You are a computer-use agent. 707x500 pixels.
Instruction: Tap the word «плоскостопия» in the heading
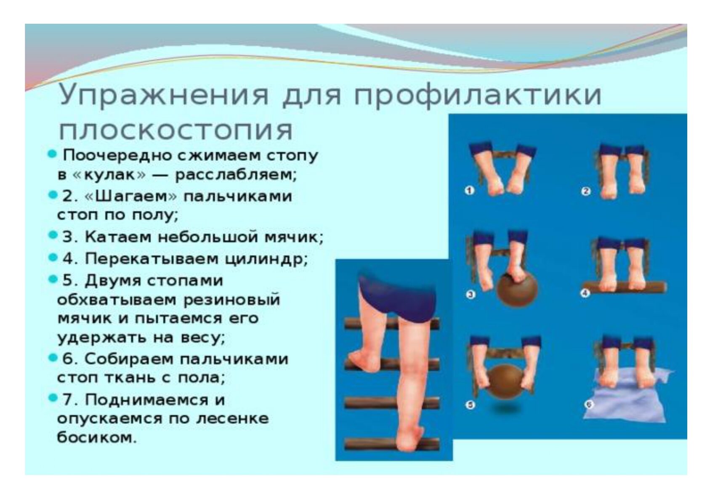[x=176, y=130]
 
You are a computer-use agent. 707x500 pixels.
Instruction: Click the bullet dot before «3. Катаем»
[x=53, y=235]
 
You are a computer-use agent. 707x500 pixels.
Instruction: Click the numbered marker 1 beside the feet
[x=470, y=191]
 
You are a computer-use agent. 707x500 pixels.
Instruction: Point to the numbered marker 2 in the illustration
[x=585, y=191]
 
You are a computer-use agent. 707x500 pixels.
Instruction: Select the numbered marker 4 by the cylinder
[x=585, y=294]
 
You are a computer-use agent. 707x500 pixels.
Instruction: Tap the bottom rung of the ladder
[x=391, y=444]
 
